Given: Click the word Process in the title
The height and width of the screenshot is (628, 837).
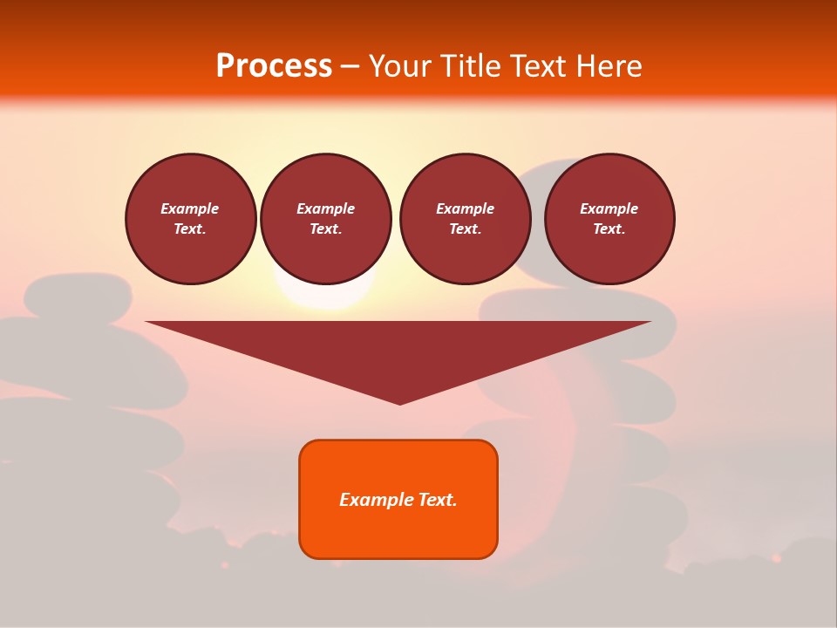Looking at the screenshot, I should [274, 66].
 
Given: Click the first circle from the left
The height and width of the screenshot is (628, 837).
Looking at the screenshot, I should [190, 219].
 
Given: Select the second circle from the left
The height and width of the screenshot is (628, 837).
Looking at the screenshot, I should [325, 219].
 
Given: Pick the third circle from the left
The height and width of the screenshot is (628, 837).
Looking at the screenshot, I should [465, 219].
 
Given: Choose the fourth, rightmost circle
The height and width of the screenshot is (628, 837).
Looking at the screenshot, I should [609, 219].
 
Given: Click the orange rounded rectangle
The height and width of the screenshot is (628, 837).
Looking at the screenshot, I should [398, 532].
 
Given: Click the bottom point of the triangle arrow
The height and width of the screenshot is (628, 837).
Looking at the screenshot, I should [399, 402].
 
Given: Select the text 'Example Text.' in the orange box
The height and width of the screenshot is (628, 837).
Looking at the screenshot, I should [398, 500].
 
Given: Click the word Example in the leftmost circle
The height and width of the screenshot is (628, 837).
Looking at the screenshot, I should [190, 208].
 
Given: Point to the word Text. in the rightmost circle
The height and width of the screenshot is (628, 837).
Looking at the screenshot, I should [609, 229].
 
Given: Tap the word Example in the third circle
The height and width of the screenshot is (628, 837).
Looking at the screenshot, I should [465, 208].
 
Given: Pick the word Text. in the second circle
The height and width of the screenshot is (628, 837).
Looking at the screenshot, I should [325, 229].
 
